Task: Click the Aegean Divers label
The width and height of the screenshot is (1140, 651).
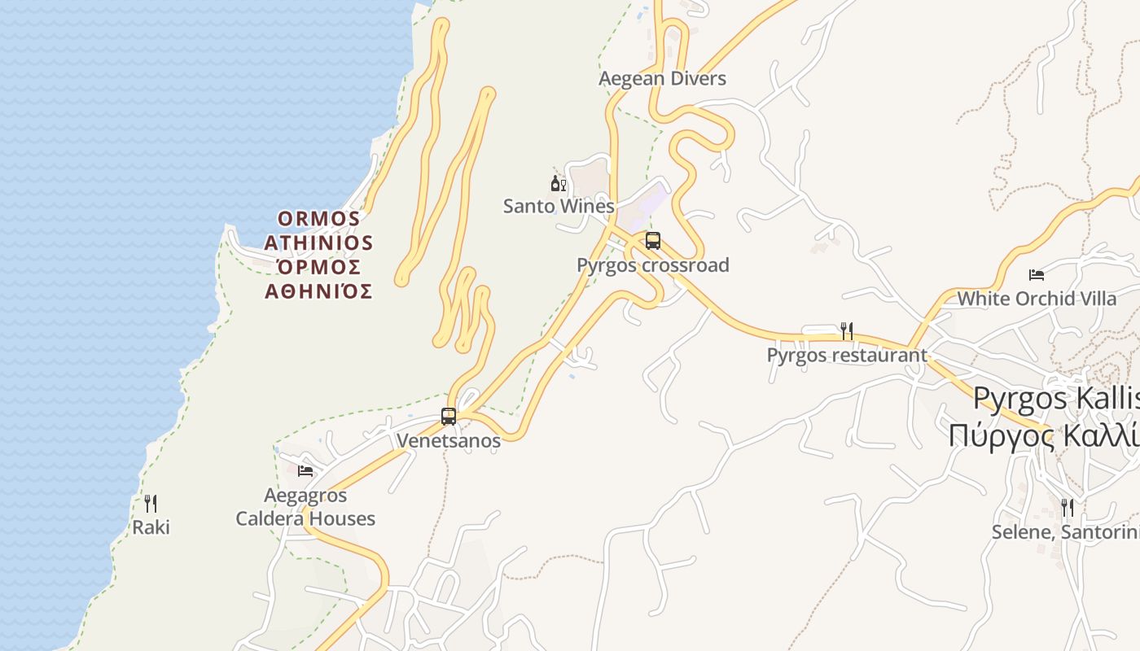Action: coord(662,79)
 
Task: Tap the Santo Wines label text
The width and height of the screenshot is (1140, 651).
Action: coord(559,206)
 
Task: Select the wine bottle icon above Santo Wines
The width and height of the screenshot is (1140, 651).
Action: coord(558,183)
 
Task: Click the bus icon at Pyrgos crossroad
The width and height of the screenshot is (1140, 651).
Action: coord(652,241)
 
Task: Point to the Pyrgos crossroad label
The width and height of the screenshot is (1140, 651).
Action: coord(652,265)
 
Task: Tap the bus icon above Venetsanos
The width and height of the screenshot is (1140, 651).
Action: coord(448,416)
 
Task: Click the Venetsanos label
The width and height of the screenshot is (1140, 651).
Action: coord(448,440)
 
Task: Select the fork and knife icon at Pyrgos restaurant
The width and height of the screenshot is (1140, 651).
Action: coord(847,331)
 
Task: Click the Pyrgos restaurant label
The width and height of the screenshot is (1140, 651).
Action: coord(847,356)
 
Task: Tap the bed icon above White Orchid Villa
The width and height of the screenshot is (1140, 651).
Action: coord(1037,275)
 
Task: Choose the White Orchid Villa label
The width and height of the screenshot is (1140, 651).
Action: coord(1037,299)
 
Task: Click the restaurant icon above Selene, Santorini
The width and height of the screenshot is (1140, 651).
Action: coord(1067,508)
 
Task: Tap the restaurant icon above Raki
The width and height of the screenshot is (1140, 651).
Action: coord(151,504)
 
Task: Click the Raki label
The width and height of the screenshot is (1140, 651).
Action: coord(151,527)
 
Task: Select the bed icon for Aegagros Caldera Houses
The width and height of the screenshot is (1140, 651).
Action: coord(305,470)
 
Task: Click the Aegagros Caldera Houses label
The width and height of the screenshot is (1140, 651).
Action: coord(305,507)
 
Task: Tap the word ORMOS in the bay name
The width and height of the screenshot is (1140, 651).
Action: coord(318,219)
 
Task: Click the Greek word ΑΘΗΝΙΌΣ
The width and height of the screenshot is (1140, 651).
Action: coord(318,291)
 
